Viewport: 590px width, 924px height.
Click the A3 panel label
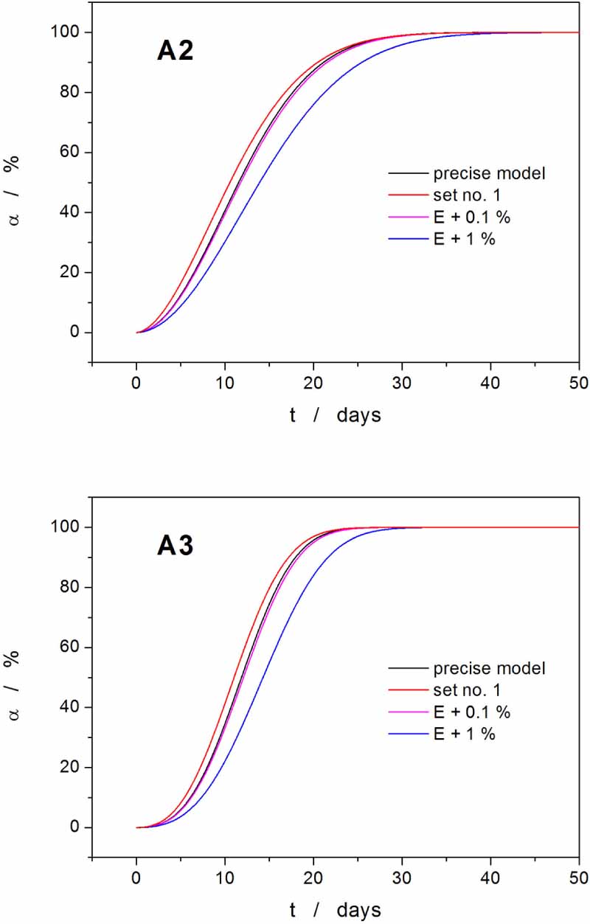175,546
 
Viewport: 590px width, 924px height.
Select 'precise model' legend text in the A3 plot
489,669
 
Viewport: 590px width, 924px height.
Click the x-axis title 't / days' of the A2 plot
336,415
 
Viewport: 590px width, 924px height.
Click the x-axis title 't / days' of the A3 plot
336,910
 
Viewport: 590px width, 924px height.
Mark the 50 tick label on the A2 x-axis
579,383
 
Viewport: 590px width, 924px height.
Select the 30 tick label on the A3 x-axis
402,879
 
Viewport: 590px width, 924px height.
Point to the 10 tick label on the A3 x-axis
225,879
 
